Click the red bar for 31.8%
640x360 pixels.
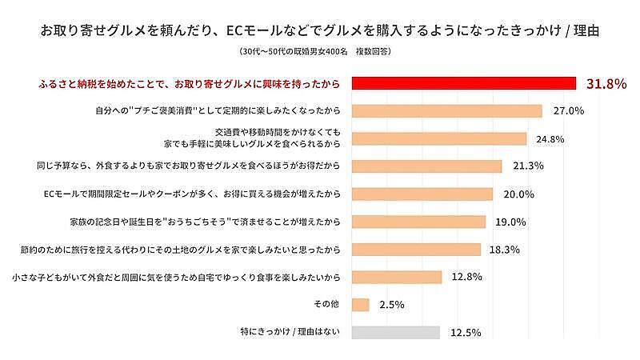tap(464, 83)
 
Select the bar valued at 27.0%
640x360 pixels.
tap(446, 111)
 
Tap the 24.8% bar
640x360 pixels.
tap(438, 138)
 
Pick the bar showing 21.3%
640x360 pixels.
tap(426, 166)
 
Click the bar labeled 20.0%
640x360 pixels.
tap(422, 194)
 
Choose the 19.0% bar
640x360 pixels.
tap(418, 222)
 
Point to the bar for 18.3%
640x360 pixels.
tap(416, 250)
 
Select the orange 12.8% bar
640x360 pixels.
tap(397, 277)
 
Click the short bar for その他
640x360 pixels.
tap(360, 305)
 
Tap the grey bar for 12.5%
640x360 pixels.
tap(395, 332)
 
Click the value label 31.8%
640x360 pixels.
tap(606, 83)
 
